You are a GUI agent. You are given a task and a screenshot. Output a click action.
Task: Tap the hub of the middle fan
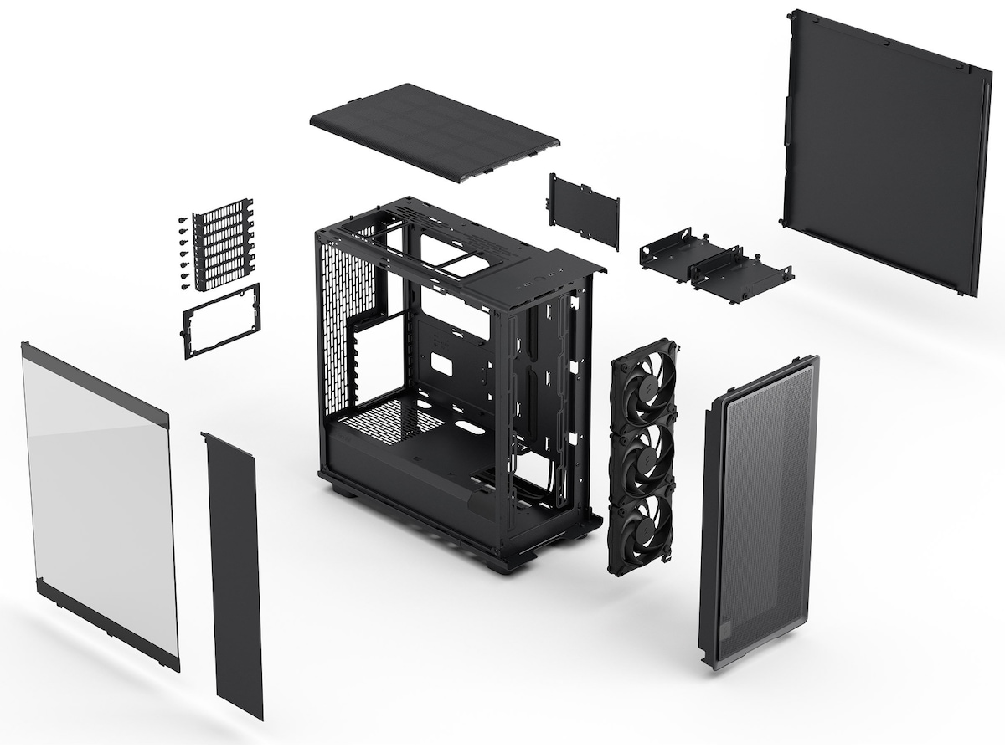[x=646, y=458]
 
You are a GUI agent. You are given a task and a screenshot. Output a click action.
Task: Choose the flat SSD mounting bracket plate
[x=585, y=209]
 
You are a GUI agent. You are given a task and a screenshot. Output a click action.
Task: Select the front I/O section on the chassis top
[x=536, y=280]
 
